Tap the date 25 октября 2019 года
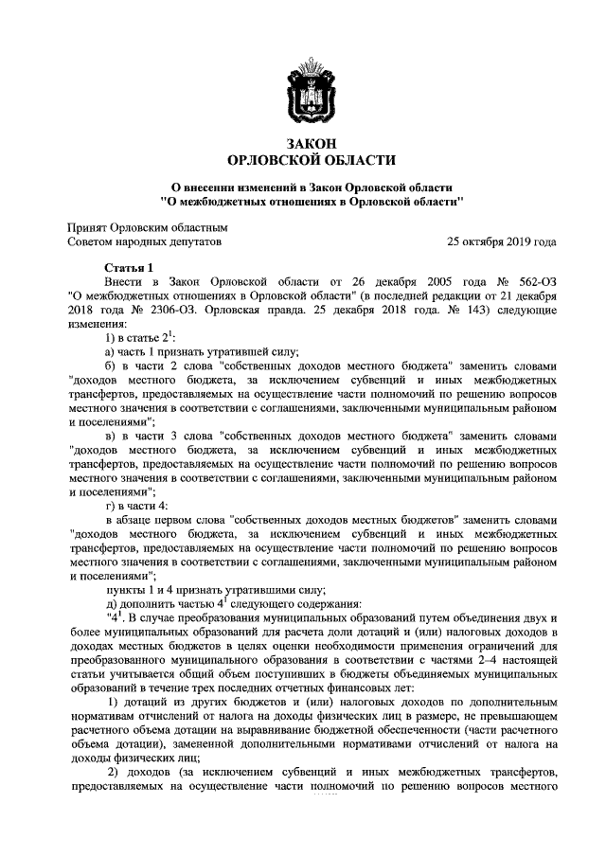[x=502, y=241]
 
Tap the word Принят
[x=86, y=227]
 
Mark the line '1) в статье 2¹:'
[x=139, y=335]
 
